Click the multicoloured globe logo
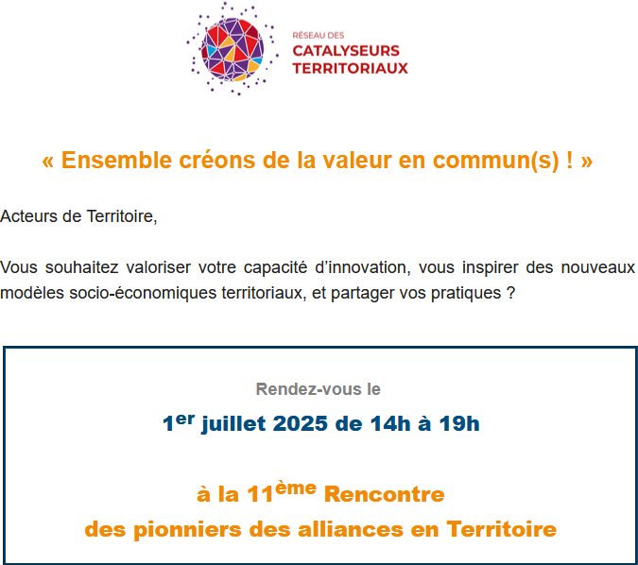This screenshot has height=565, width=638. pyautogui.click(x=233, y=49)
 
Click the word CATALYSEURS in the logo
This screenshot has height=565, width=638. pyautogui.click(x=346, y=51)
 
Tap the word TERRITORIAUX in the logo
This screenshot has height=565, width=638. pyautogui.click(x=350, y=68)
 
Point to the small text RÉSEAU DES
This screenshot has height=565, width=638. pyautogui.click(x=319, y=35)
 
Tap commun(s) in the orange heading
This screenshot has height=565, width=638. pyautogui.click(x=495, y=161)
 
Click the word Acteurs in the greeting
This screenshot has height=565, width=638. pyautogui.click(x=28, y=216)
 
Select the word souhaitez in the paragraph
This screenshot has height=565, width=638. pyautogui.click(x=81, y=267)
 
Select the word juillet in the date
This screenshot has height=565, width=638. pyautogui.click(x=233, y=424)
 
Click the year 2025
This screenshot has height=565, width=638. pyautogui.click(x=300, y=424)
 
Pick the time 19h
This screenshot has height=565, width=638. pyautogui.click(x=459, y=424)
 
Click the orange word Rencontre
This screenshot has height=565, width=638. pyautogui.click(x=384, y=495)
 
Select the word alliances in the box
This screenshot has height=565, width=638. pyautogui.click(x=351, y=529)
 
